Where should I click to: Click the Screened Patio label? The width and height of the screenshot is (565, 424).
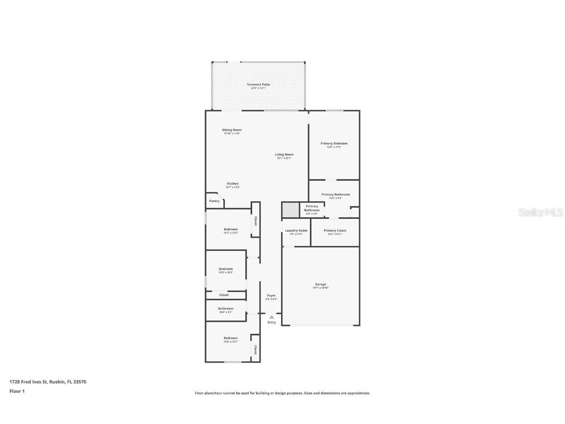point(258,84)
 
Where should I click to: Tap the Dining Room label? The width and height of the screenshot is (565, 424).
point(231,130)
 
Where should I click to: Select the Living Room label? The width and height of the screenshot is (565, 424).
point(284,155)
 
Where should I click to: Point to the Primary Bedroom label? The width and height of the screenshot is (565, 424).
point(334,143)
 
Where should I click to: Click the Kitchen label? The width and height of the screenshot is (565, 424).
point(232,184)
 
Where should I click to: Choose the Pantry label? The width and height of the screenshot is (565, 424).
point(214,201)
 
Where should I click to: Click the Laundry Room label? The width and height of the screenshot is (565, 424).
point(296,231)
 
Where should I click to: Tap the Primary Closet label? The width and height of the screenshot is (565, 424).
point(335,231)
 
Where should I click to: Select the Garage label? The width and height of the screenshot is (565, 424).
point(321,284)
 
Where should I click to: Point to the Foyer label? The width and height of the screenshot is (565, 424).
point(271,295)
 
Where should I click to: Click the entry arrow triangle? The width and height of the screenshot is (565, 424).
point(271,317)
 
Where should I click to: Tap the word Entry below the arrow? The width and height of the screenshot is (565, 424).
point(271,322)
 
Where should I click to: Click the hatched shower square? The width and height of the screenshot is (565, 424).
point(290,211)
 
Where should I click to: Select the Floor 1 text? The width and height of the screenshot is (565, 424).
point(17,391)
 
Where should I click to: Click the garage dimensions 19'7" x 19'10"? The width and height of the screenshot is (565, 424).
point(321,288)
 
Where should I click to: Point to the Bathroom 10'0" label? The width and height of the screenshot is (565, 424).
point(226,309)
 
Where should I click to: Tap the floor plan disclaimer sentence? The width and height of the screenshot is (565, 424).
point(282,393)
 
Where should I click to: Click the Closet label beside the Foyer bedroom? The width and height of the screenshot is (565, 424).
point(224,295)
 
